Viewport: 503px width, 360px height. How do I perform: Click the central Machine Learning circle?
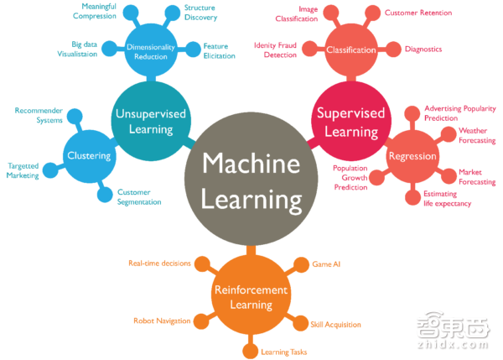pyautogui.click(x=251, y=179)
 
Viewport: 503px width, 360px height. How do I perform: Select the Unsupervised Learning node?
pyautogui.click(x=151, y=121)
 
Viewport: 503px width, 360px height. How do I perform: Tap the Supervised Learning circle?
pyautogui.click(x=351, y=121)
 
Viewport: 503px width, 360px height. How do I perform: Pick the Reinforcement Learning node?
pyautogui.click(x=251, y=295)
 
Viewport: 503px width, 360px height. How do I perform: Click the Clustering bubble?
pyautogui.click(x=89, y=156)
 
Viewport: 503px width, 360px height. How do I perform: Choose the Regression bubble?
pyautogui.click(x=412, y=156)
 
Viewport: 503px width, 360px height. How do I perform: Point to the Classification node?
pyautogui.click(x=351, y=50)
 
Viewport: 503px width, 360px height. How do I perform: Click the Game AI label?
pyautogui.click(x=326, y=264)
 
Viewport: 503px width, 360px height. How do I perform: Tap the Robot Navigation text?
pyautogui.click(x=162, y=321)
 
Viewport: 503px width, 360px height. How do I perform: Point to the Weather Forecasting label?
pyautogui.click(x=477, y=135)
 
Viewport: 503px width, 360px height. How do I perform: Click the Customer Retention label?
pyautogui.click(x=418, y=13)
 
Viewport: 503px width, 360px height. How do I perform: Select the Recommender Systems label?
pyautogui.click(x=39, y=115)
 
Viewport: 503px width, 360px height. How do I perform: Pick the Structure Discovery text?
pyautogui.click(x=201, y=13)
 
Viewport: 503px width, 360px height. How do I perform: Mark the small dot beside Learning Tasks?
pyautogui.click(x=250, y=351)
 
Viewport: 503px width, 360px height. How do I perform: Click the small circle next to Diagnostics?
pyautogui.click(x=393, y=50)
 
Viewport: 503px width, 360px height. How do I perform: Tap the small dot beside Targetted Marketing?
pyautogui.click(x=50, y=170)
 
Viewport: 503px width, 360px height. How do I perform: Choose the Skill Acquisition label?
pyautogui.click(x=336, y=325)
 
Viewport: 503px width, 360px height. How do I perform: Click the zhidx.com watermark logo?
pyautogui.click(x=454, y=330)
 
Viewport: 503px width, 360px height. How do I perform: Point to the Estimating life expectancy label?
pyautogui.click(x=448, y=199)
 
